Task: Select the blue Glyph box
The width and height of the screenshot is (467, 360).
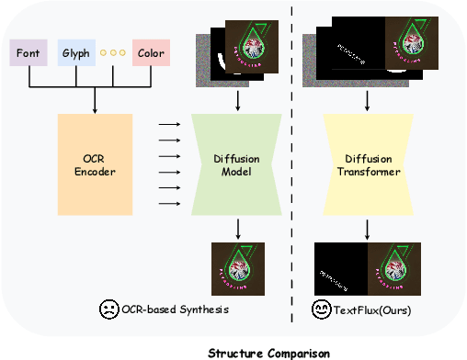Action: (77, 52)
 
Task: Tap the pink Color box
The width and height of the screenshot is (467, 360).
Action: (150, 52)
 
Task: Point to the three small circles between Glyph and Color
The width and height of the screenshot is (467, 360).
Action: (113, 52)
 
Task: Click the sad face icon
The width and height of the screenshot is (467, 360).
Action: (109, 310)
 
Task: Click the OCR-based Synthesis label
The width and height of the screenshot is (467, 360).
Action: (175, 310)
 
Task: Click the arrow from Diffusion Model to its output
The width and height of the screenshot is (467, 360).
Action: (238, 227)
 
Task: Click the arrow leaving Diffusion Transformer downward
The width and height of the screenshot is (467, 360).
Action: (368, 227)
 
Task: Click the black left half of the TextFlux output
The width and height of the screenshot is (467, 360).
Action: (341, 269)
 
